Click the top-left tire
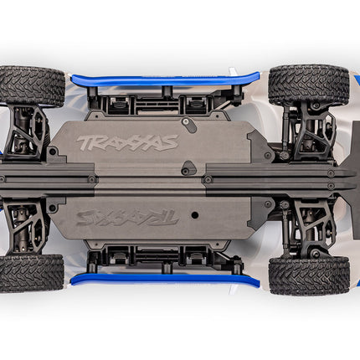tap(32, 85)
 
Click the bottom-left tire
tap(31, 273)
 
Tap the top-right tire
tap(308, 85)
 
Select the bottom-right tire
tap(309, 275)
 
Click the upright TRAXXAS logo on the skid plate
tap(127, 141)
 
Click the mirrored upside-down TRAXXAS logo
tap(127, 217)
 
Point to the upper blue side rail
tap(159, 80)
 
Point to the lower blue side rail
tap(159, 279)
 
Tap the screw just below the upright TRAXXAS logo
tap(183, 172)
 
